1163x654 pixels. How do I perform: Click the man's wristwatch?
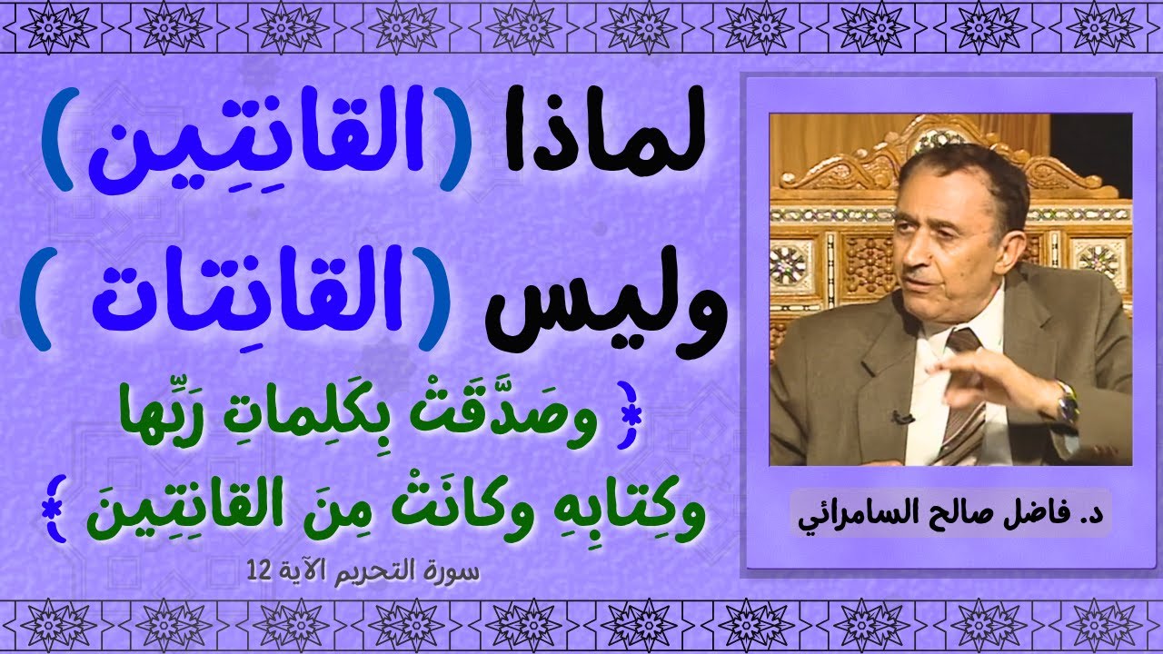(1066, 399)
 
